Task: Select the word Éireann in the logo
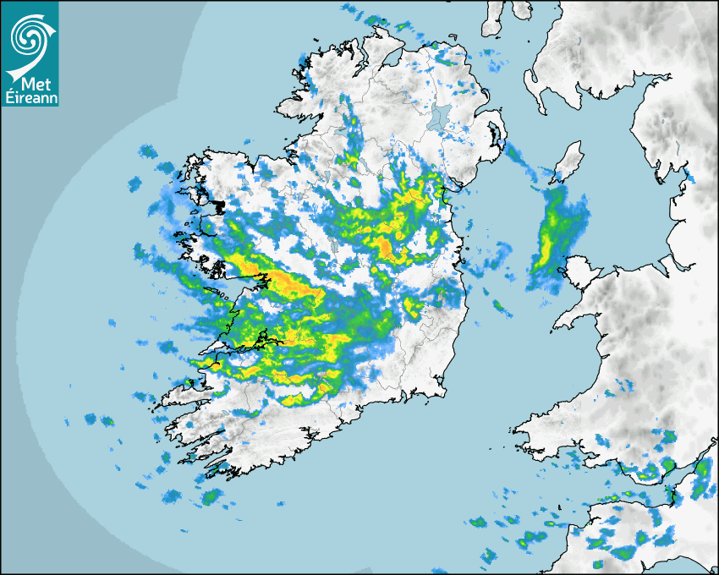30,98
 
